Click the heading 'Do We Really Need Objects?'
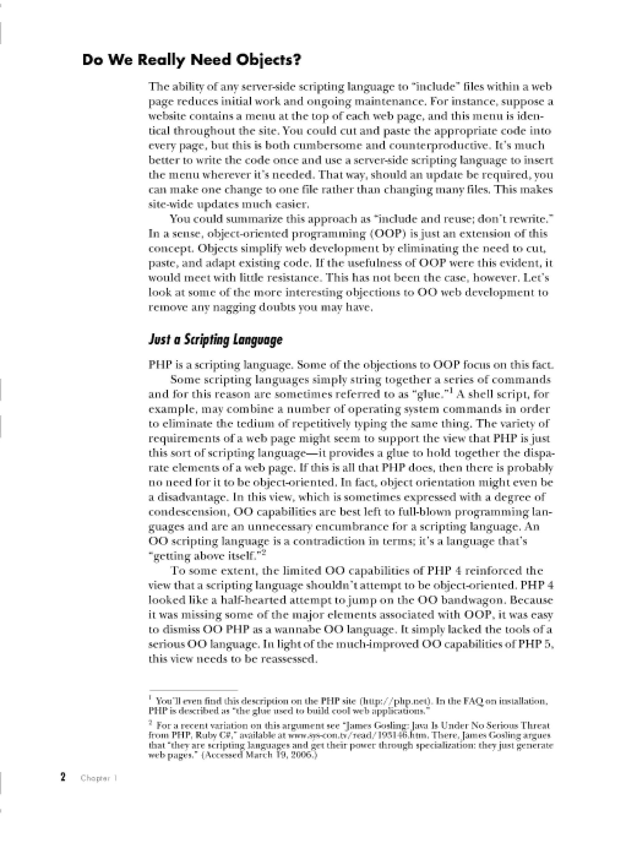[x=192, y=61]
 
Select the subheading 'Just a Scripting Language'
[x=215, y=340]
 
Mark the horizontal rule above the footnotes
[x=193, y=690]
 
